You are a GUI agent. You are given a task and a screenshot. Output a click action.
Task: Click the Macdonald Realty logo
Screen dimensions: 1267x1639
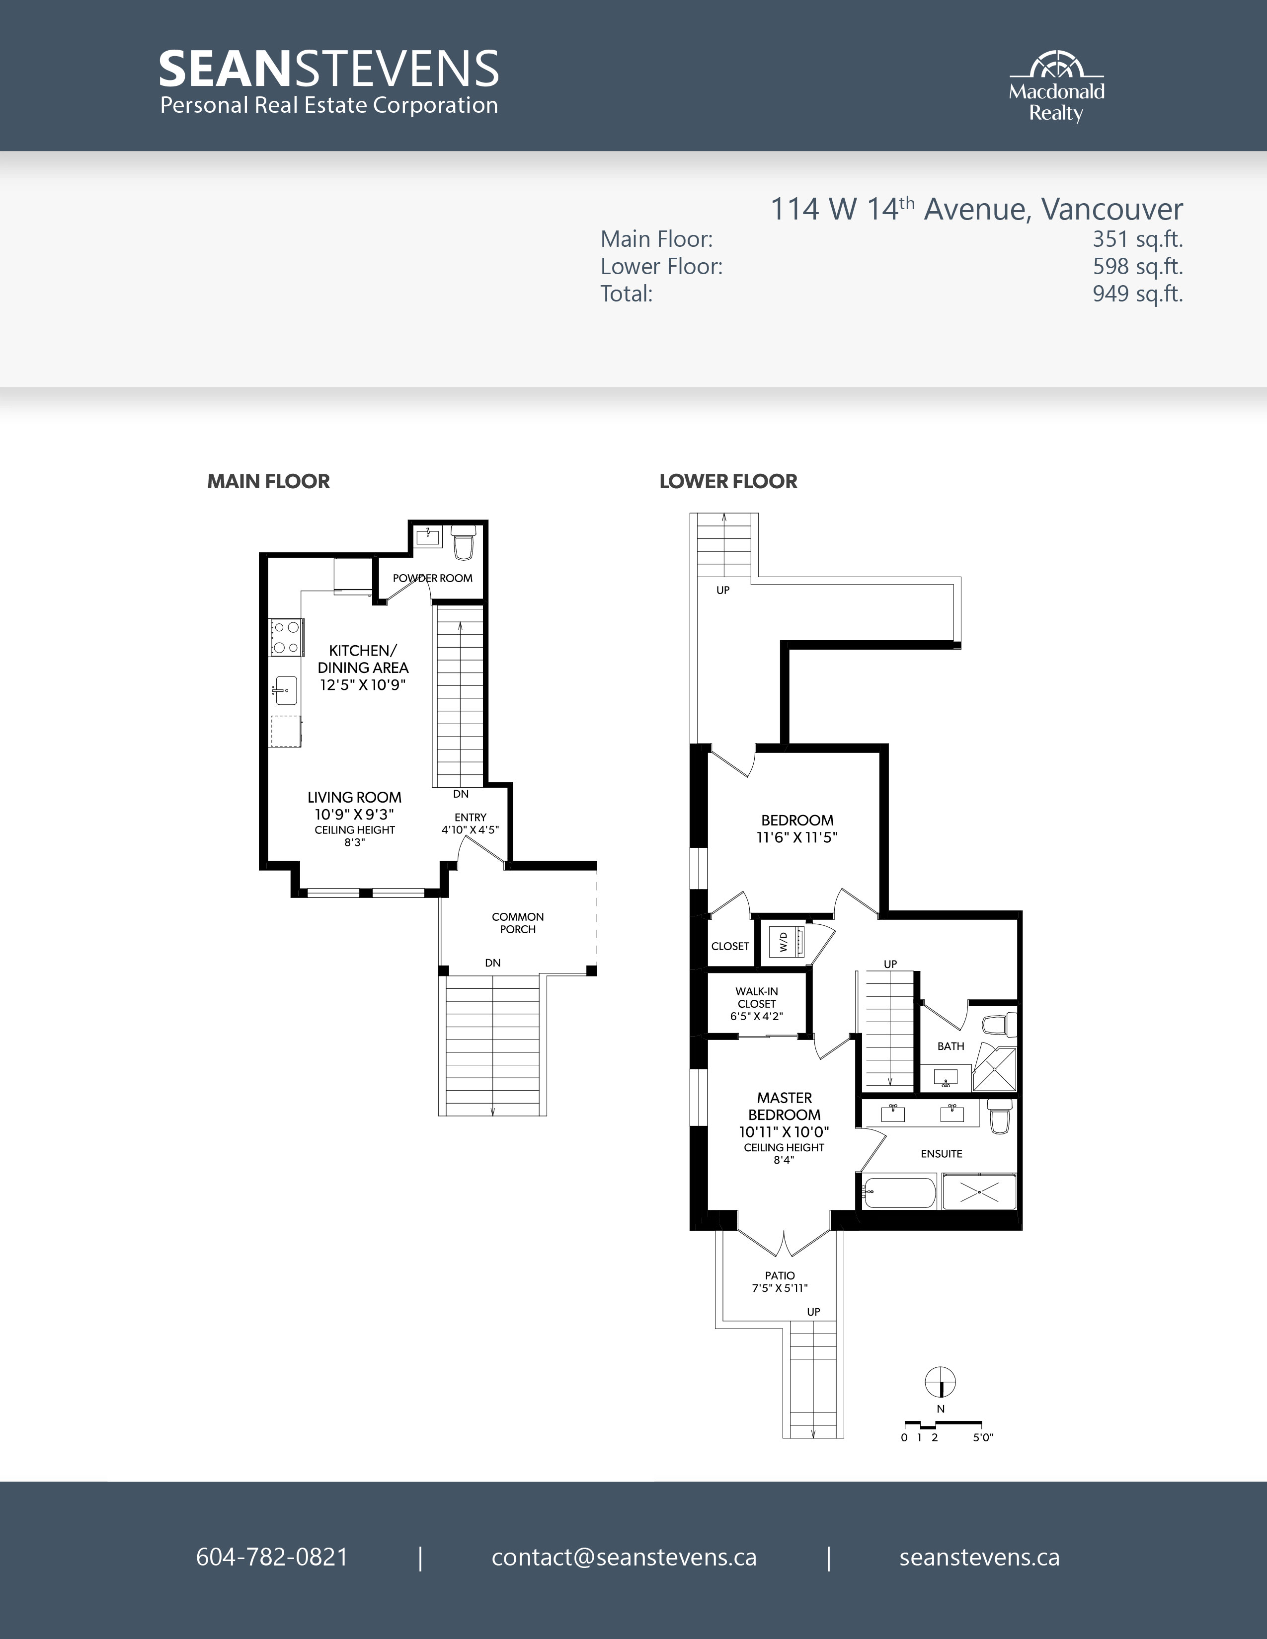pos(1056,87)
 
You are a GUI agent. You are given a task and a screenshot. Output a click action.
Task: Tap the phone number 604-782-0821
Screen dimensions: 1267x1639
pos(272,1557)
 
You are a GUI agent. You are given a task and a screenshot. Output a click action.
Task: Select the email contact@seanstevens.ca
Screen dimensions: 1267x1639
pos(624,1557)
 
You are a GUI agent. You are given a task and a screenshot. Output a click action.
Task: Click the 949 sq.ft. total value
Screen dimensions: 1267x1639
pos(1138,294)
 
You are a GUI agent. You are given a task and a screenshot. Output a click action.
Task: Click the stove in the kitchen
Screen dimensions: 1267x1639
pos(286,637)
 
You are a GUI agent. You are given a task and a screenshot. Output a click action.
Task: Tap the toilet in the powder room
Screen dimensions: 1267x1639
pos(463,542)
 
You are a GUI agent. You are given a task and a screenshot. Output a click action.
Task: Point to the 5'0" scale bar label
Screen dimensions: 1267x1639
pos(982,1438)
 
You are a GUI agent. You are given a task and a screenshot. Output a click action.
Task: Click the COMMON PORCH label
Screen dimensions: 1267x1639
pos(518,923)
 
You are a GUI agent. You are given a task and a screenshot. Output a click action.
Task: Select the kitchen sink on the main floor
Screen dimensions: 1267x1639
pos(285,690)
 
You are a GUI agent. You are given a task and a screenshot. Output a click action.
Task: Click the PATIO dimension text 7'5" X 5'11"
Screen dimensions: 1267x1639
pos(780,1288)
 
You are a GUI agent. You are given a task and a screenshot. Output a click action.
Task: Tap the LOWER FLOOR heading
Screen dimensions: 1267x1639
pos(728,482)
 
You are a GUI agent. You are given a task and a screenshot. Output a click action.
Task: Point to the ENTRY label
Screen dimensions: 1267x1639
pos(471,817)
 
